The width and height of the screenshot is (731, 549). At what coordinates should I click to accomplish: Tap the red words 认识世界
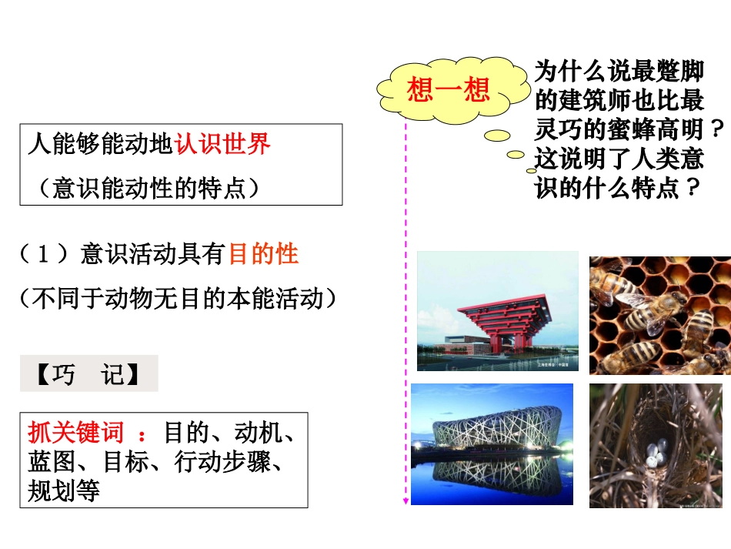tap(222, 144)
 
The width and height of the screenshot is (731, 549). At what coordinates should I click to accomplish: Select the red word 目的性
tap(263, 254)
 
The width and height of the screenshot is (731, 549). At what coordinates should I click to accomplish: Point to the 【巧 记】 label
tap(88, 374)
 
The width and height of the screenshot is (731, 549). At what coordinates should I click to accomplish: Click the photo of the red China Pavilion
tap(497, 311)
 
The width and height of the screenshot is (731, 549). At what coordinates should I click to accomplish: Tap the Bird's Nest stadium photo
tap(492, 444)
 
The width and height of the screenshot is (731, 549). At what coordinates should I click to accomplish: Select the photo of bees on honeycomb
tap(659, 315)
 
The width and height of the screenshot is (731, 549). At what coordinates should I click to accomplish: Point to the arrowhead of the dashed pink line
tap(406, 501)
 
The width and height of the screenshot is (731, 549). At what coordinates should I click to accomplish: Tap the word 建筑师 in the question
tap(595, 99)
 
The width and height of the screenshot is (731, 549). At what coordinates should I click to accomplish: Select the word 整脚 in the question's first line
tap(680, 72)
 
